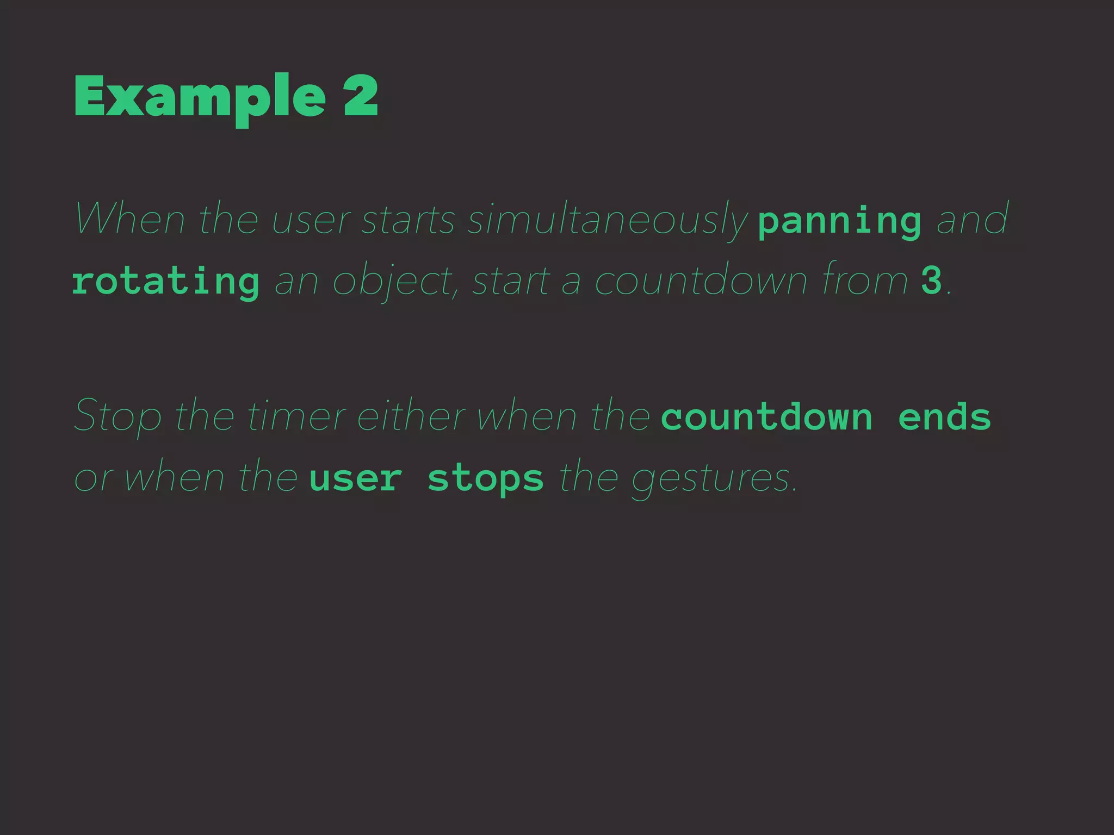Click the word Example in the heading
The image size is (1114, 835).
tap(200, 97)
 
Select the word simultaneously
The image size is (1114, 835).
tap(607, 220)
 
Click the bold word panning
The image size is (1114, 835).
tap(839, 221)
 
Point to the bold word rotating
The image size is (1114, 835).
tap(165, 282)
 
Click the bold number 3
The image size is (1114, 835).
tap(931, 281)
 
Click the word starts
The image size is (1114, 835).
tap(408, 220)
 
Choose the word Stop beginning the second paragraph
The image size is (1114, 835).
tap(118, 416)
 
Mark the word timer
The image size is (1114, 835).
tap(296, 416)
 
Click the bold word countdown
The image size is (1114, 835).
tap(766, 417)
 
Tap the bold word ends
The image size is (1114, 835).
tap(944, 417)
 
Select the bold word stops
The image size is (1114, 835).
tap(485, 478)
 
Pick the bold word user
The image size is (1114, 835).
tap(356, 478)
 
